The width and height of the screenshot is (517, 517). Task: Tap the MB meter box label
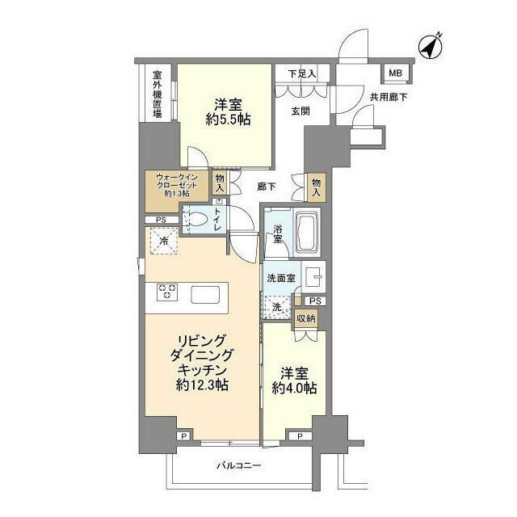pyautogui.click(x=395, y=74)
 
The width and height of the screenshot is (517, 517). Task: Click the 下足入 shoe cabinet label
pyautogui.click(x=301, y=74)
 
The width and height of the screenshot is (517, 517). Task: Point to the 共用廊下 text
pyautogui.click(x=389, y=96)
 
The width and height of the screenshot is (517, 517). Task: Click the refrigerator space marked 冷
pyautogui.click(x=164, y=241)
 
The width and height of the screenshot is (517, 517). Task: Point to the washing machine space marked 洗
pyautogui.click(x=277, y=308)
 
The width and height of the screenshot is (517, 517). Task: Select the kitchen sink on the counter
pyautogui.click(x=208, y=294)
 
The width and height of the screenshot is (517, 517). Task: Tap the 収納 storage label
pyautogui.click(x=305, y=320)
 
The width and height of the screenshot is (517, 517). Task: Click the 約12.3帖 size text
pyautogui.click(x=202, y=385)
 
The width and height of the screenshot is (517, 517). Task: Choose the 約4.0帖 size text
pyautogui.click(x=294, y=389)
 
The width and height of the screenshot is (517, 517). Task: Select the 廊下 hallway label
pyautogui.click(x=265, y=186)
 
